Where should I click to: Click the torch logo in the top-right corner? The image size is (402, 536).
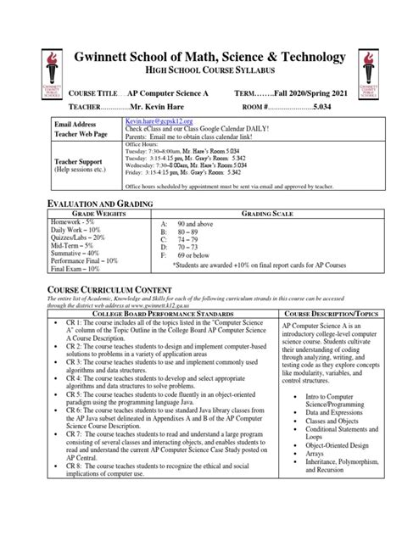pyautogui.click(x=371, y=73)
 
